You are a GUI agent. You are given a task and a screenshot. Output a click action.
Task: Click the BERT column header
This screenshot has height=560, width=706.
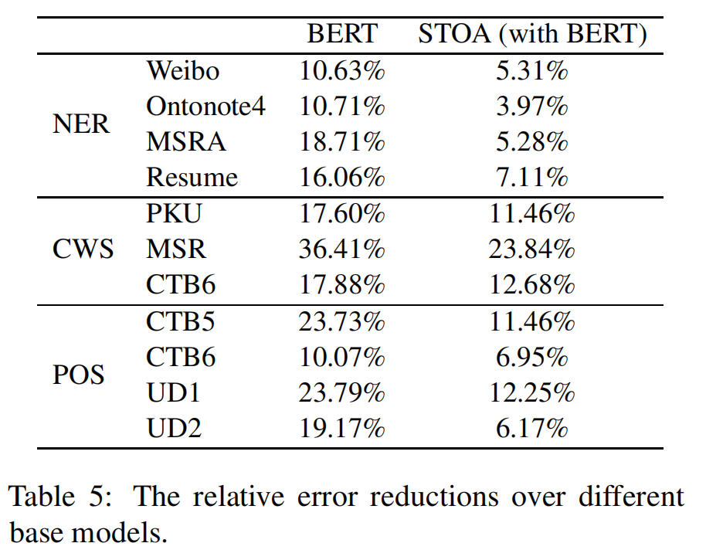coord(341,34)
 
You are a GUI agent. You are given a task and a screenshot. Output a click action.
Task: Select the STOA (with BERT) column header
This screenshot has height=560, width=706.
coord(531,34)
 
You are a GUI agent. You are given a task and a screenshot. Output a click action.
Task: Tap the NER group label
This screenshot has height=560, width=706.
coord(81,124)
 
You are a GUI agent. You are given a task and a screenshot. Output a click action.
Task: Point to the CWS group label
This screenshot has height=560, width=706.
coord(83,249)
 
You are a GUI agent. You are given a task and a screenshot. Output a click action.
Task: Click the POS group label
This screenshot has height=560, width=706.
coord(79,375)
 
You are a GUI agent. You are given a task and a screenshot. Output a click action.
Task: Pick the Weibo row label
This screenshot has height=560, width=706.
coord(182,71)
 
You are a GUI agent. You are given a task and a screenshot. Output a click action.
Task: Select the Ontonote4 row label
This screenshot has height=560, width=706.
coord(205,107)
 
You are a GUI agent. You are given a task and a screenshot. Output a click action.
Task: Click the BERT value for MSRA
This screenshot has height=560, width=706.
coord(341,142)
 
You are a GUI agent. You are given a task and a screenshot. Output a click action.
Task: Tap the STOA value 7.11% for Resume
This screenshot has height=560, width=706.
coord(531,178)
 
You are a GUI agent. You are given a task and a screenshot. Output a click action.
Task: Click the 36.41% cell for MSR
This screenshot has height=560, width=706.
coord(341,249)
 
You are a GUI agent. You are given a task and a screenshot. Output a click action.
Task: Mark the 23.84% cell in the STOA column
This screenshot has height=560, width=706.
coord(531,249)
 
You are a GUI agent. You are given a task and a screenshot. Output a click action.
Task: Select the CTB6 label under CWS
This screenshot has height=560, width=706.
coord(180,285)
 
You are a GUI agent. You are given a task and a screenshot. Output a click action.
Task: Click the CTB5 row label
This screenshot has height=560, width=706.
coord(180,321)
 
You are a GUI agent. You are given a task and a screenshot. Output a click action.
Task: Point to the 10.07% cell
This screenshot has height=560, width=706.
coord(341,357)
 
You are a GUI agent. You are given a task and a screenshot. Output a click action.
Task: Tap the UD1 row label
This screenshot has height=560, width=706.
coord(173,392)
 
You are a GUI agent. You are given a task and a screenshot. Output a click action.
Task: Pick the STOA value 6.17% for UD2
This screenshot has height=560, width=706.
coord(531,428)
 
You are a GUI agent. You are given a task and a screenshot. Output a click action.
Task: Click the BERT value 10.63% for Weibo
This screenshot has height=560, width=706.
coord(341,71)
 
